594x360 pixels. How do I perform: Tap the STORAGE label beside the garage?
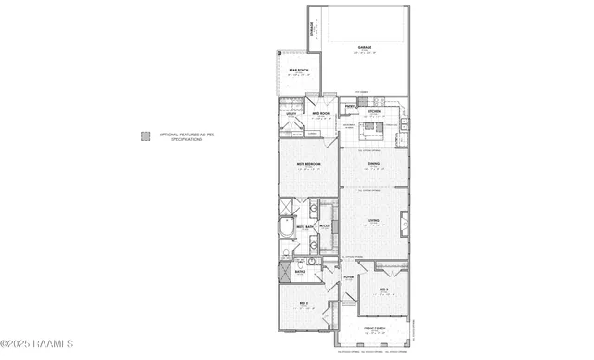[x=314, y=31]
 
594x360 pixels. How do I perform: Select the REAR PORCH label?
[x=297, y=70]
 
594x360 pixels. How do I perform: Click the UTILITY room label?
[x=291, y=115]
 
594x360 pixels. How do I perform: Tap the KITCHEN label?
[x=374, y=112]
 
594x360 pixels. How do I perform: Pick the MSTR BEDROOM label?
[x=309, y=164]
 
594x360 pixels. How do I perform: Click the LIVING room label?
[x=373, y=220]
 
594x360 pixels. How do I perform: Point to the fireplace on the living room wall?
[x=405, y=224]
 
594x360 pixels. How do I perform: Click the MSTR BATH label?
[x=303, y=227]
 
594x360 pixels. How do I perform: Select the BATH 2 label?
[x=301, y=272]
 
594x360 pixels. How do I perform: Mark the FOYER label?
[x=348, y=276]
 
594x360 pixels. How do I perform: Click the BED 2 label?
[x=303, y=303]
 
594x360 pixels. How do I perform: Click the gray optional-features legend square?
[x=146, y=135]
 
